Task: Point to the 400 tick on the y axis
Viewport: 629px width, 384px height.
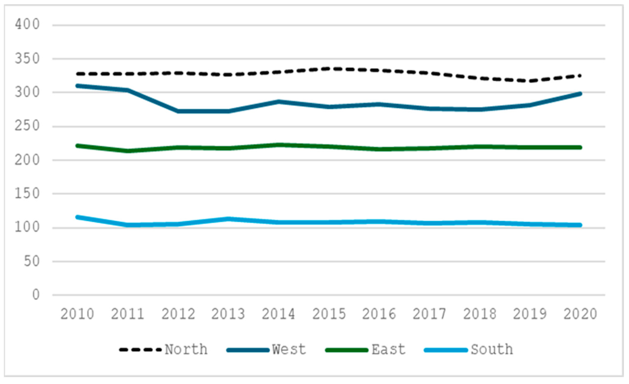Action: point(27,25)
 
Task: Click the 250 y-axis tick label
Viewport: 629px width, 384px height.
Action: point(27,126)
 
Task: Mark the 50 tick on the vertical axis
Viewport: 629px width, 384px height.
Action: point(32,261)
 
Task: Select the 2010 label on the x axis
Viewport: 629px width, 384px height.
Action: point(77,314)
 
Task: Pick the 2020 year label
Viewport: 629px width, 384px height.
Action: point(580,314)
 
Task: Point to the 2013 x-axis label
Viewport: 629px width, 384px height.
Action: point(228,314)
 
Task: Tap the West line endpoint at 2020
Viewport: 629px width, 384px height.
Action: point(580,94)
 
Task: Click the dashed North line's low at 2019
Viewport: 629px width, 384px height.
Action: point(530,81)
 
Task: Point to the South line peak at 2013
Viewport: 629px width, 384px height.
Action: point(228,219)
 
